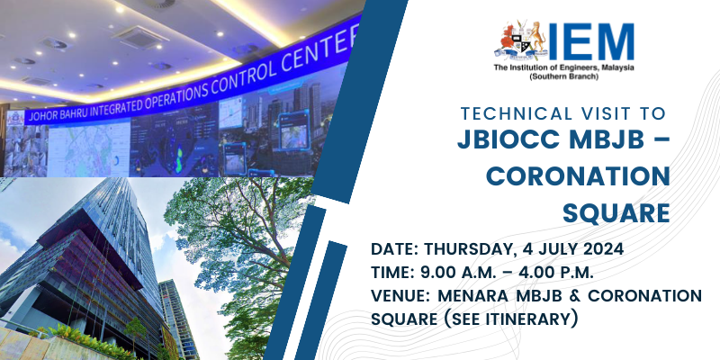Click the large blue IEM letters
pos(591,42)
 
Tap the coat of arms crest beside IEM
pos(521,40)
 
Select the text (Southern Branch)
pos(564,76)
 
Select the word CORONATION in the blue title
pos(578,176)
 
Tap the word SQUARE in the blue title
pos(616,213)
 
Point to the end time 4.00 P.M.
pos(556,273)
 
